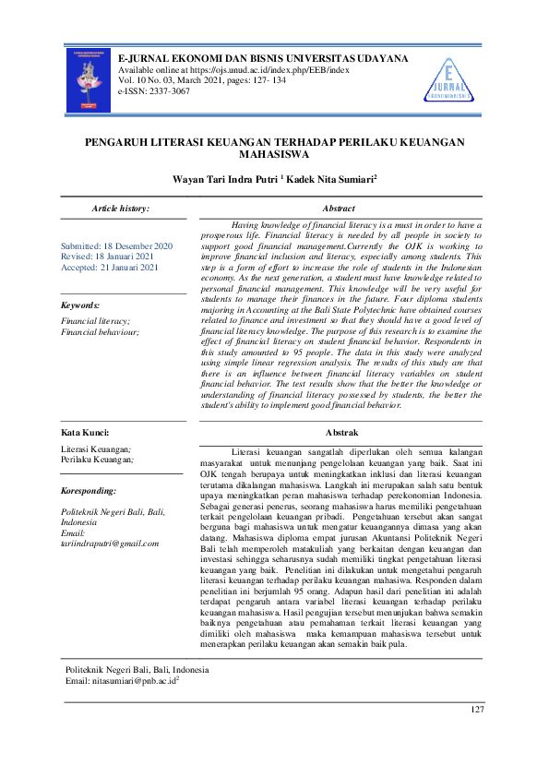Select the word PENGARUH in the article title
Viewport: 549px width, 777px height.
pos(117,143)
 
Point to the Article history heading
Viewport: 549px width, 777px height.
pos(120,209)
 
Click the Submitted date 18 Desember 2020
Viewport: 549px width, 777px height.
pos(116,246)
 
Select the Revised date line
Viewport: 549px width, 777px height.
pos(107,257)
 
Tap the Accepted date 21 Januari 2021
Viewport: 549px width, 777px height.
pos(110,268)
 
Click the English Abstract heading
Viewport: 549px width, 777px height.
pos(340,209)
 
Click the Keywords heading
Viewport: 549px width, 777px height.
pos(80,305)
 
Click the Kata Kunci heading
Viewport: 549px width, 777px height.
pos(85,432)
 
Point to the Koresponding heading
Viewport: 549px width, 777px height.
pos(89,490)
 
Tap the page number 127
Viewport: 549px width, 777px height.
pos(476,709)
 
